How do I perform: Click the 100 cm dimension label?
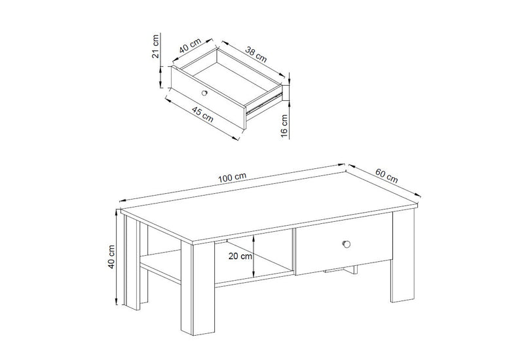pos(232,177)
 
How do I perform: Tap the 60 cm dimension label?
pos(386,175)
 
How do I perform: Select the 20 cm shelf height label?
pos(240,256)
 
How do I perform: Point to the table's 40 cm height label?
pos(111,257)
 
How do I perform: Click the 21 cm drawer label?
pos(155,46)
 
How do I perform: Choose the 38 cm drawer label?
pos(256,54)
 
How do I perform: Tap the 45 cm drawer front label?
pos(202,114)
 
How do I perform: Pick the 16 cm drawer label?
pos(284,126)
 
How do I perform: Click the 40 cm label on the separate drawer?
pos(190,46)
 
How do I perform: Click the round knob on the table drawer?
pos(346,243)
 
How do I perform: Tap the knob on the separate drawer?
pos(204,93)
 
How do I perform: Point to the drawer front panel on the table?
pos(345,243)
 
